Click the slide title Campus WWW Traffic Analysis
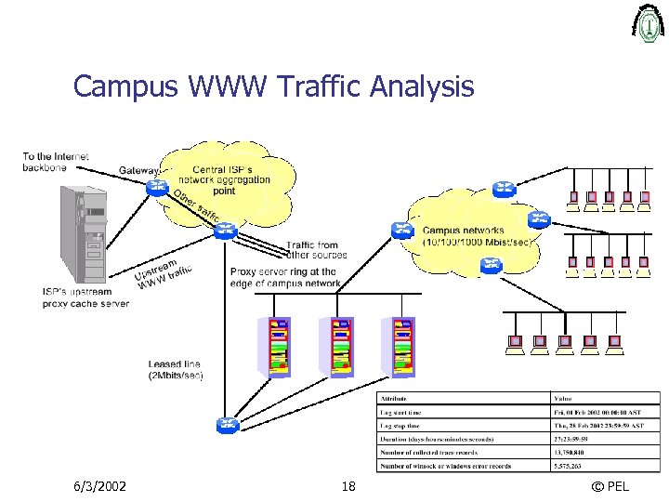(273, 86)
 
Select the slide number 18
(348, 486)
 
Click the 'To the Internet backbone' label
(56, 162)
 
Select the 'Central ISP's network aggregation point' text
(225, 179)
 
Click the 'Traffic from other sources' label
(316, 249)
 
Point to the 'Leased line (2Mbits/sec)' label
(175, 369)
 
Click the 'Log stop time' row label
(400, 424)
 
